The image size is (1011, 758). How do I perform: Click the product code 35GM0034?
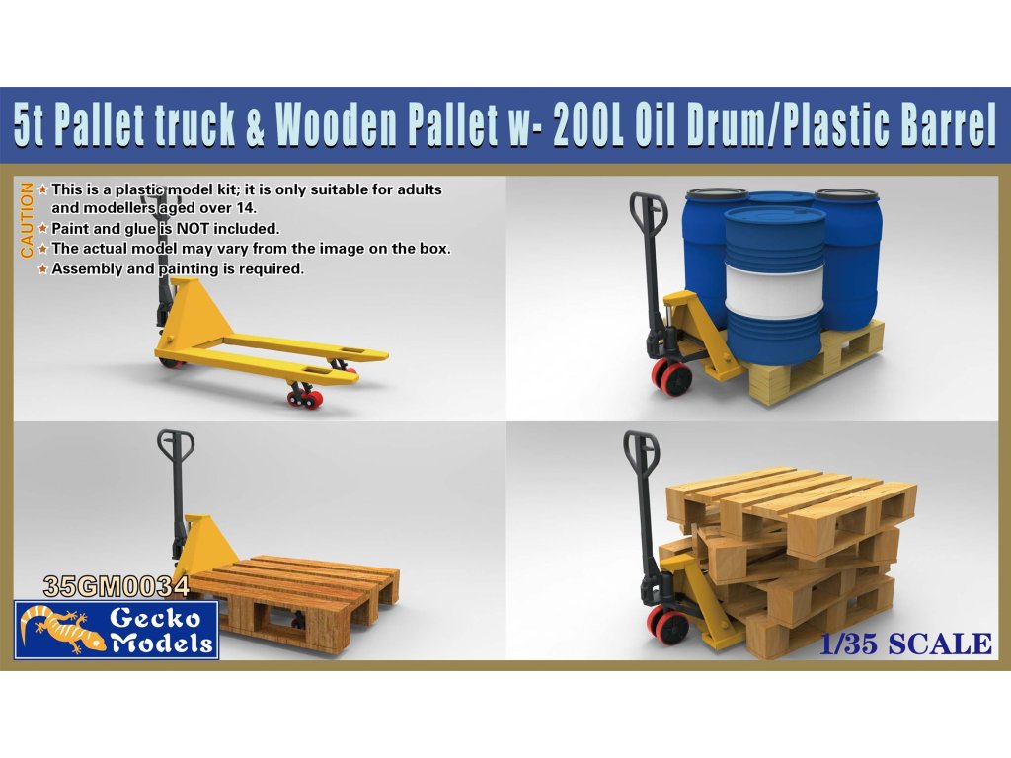pyautogui.click(x=117, y=586)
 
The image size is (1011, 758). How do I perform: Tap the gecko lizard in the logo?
pyautogui.click(x=61, y=630)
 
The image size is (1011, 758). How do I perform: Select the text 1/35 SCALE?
pyautogui.click(x=905, y=644)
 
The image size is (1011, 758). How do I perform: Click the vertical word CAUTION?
pyautogui.click(x=27, y=220)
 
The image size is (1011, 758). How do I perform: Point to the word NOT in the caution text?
pyautogui.click(x=193, y=228)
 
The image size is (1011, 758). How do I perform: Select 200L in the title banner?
pyautogui.click(x=587, y=125)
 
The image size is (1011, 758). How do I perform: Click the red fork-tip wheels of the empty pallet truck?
pyautogui.click(x=306, y=396)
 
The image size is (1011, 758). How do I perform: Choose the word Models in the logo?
pyautogui.click(x=162, y=643)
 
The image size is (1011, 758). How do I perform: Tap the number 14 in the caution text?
pyautogui.click(x=247, y=208)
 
